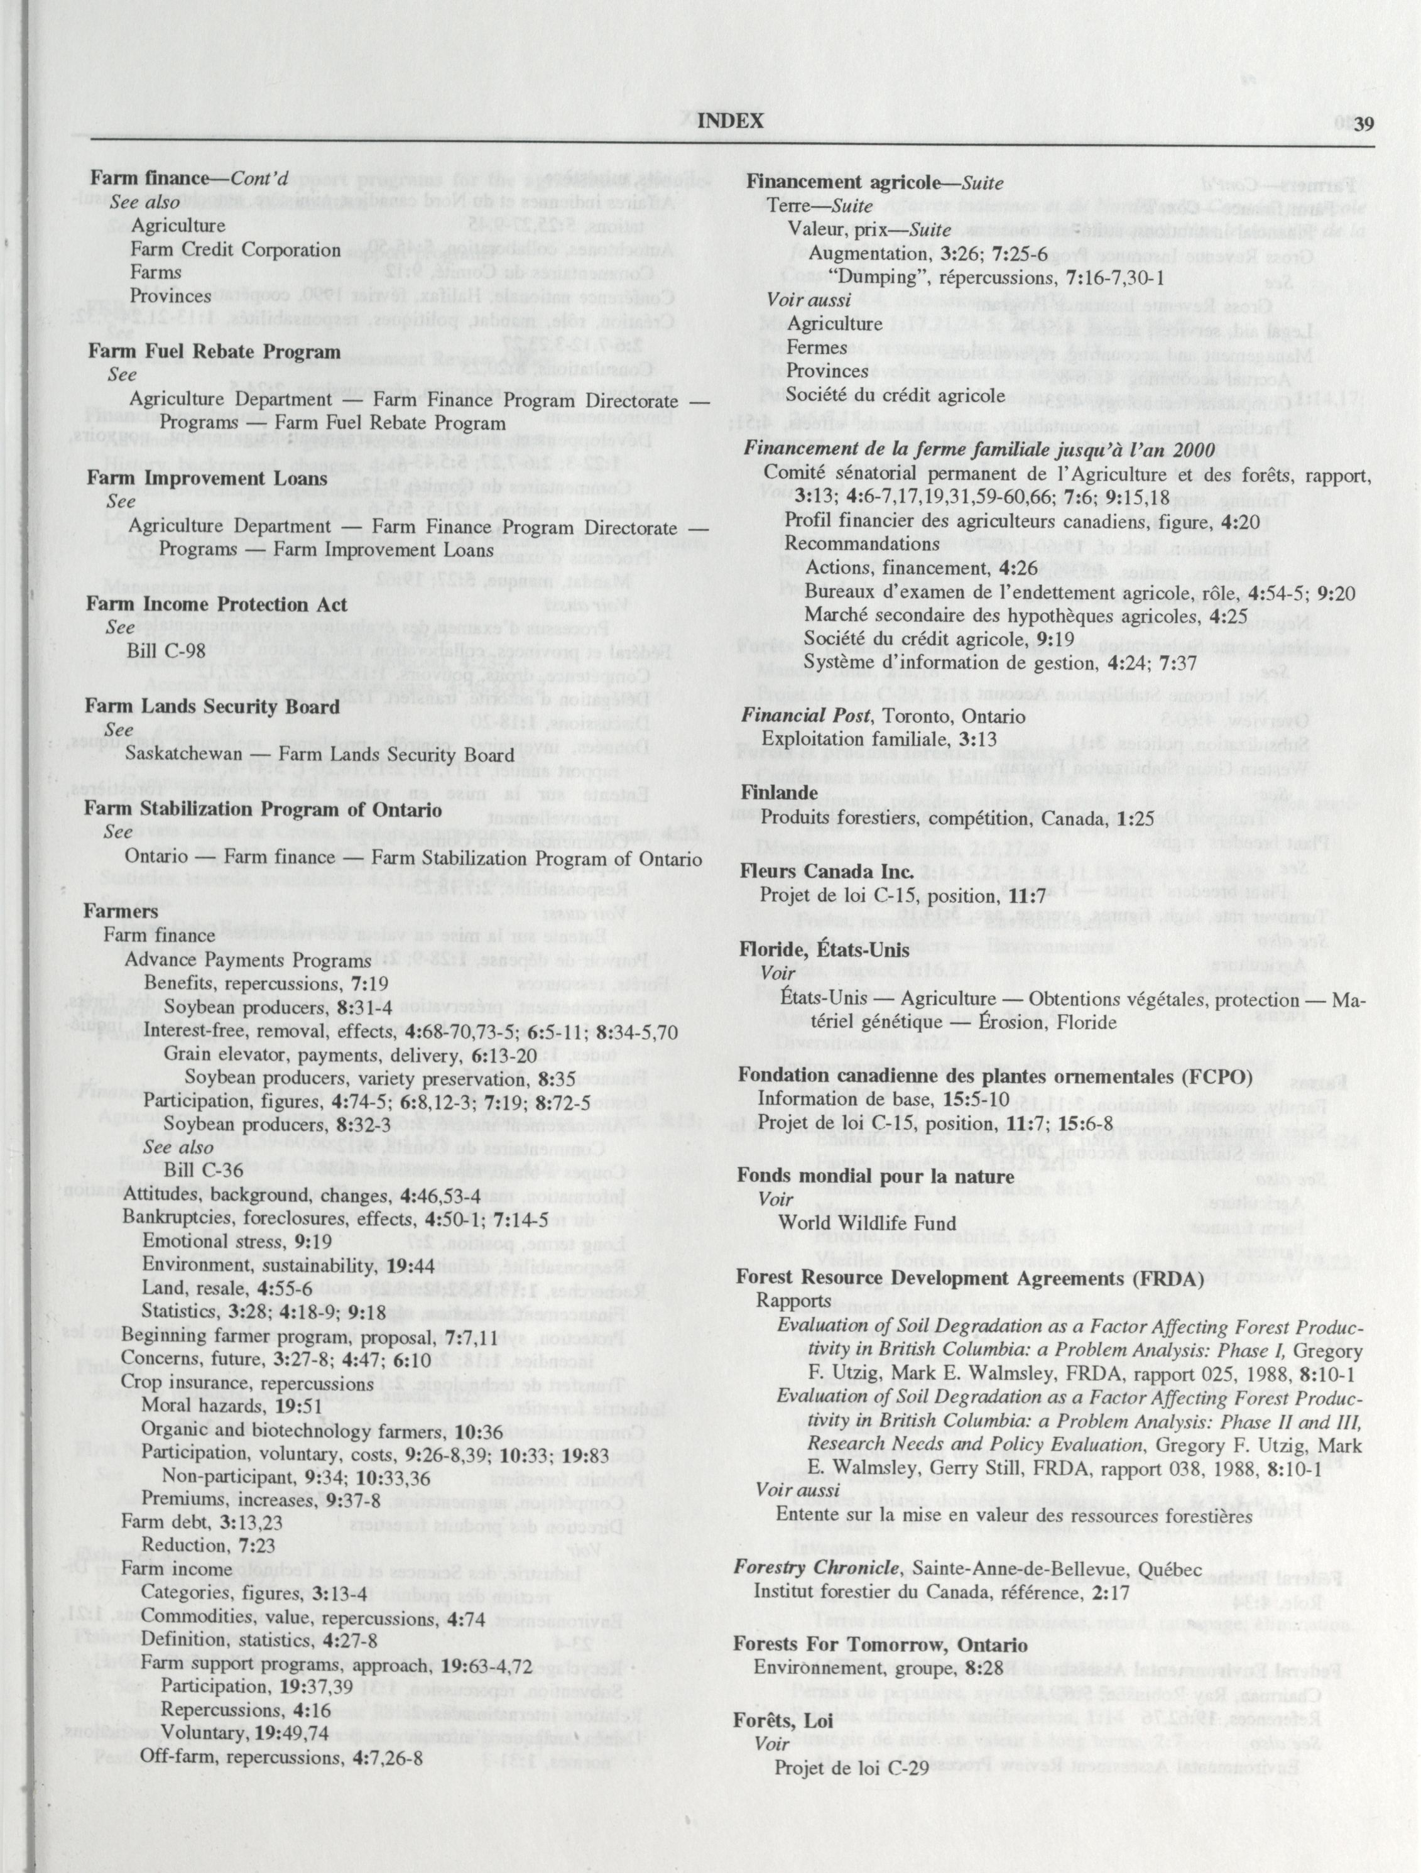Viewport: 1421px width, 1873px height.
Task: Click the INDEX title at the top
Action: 730,121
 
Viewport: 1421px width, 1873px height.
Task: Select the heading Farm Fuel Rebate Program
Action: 214,350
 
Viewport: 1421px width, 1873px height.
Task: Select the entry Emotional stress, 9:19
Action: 237,1242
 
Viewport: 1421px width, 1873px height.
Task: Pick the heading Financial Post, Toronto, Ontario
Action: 883,716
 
